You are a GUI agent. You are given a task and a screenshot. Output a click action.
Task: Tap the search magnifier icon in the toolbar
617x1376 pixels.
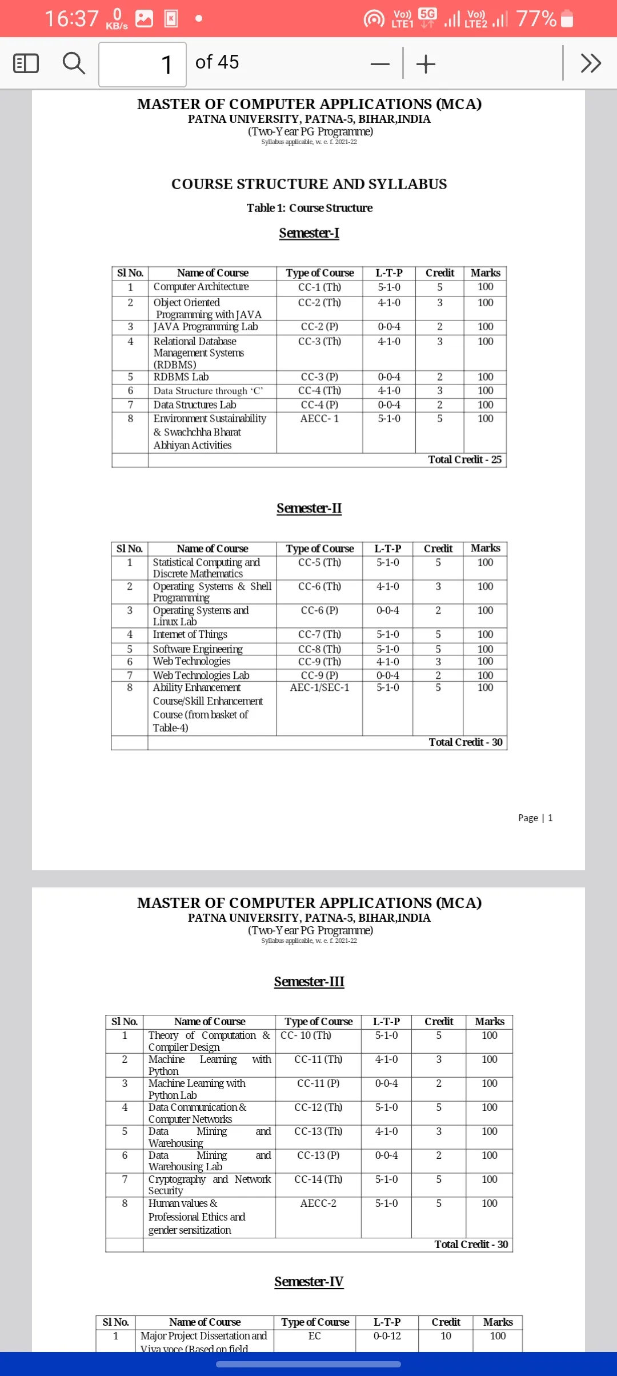pos(74,63)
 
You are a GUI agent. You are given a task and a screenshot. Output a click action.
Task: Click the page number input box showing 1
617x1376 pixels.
pos(143,64)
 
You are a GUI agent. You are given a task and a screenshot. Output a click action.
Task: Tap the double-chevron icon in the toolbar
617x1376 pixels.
pos(591,63)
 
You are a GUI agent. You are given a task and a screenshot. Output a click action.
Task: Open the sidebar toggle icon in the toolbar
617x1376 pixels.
pos(26,63)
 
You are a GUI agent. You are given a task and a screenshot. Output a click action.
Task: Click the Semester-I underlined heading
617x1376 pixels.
pos(309,233)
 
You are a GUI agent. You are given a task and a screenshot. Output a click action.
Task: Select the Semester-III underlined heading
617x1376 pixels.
pos(309,982)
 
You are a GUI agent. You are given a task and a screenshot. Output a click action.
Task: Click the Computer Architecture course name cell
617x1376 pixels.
pos(201,287)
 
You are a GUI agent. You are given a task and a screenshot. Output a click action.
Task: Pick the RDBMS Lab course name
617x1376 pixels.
pos(181,377)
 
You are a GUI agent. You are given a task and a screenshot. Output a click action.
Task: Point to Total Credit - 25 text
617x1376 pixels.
pos(465,459)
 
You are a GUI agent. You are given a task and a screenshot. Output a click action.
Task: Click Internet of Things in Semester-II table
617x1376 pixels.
pos(190,634)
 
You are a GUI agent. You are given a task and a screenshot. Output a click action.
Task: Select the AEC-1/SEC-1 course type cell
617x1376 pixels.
pos(319,687)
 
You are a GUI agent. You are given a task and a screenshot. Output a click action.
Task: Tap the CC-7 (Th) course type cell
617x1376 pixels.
pos(319,634)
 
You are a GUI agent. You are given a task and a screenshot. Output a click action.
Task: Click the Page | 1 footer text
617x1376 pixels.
pos(535,818)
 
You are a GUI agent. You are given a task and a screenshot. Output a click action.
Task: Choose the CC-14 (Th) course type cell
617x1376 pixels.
pos(318,1179)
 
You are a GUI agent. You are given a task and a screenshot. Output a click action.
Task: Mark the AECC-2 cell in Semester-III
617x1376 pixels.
pos(318,1203)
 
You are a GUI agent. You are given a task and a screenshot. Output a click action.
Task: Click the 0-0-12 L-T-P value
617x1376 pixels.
pos(387,1335)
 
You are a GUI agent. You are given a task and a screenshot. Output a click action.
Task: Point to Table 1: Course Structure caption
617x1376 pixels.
pos(310,208)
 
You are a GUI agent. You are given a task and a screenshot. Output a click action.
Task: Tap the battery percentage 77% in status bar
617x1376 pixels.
pos(536,19)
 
